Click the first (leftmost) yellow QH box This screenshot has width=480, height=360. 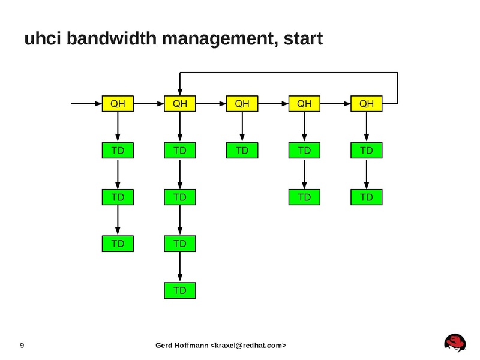click(x=118, y=104)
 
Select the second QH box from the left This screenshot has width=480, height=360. click(x=180, y=104)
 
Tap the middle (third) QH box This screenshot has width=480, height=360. click(x=242, y=104)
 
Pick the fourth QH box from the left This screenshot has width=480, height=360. click(x=304, y=104)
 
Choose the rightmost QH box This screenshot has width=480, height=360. click(x=367, y=104)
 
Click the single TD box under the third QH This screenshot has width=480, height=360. click(x=242, y=151)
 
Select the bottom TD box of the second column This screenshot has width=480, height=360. click(x=180, y=290)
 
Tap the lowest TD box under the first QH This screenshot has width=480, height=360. click(x=118, y=244)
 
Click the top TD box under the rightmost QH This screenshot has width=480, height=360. click(x=367, y=151)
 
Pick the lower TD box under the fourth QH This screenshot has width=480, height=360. click(x=304, y=197)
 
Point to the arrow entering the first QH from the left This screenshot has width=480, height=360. click(x=87, y=104)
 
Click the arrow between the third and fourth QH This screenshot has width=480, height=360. click(x=273, y=104)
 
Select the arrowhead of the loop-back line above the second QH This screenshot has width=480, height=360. click(x=180, y=90)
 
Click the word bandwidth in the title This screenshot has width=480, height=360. click(x=121, y=40)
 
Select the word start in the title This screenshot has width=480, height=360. click(x=302, y=40)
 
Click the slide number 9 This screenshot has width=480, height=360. click(x=22, y=346)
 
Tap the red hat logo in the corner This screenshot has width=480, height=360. click(x=455, y=343)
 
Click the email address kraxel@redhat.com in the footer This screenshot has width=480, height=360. click(x=247, y=346)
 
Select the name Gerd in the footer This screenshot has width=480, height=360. click(x=165, y=346)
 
